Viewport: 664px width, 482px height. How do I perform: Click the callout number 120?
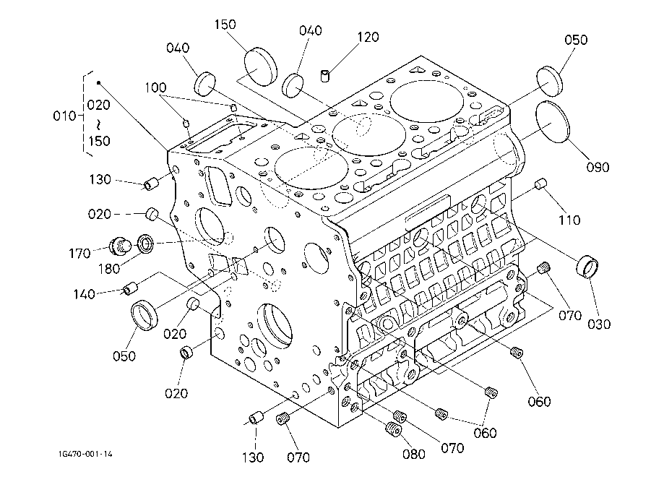pyautogui.click(x=368, y=38)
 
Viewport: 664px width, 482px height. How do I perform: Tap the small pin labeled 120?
pyautogui.click(x=325, y=75)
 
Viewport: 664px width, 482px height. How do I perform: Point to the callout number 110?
pyautogui.click(x=570, y=220)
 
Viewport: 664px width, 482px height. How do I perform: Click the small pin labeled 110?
pyautogui.click(x=538, y=185)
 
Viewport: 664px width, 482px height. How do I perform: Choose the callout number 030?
pyautogui.click(x=599, y=324)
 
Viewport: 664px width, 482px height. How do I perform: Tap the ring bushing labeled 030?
pyautogui.click(x=588, y=266)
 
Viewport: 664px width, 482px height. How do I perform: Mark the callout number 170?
pyautogui.click(x=80, y=254)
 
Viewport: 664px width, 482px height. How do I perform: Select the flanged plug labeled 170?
pyautogui.click(x=121, y=245)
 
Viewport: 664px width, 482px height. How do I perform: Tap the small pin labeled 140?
pyautogui.click(x=131, y=288)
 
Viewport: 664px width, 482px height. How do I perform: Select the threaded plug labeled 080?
pyautogui.click(x=394, y=431)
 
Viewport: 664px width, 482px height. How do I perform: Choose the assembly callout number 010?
pyautogui.click(x=65, y=116)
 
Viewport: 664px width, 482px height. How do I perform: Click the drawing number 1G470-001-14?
pyautogui.click(x=86, y=454)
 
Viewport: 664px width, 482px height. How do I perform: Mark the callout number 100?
pyautogui.click(x=155, y=88)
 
